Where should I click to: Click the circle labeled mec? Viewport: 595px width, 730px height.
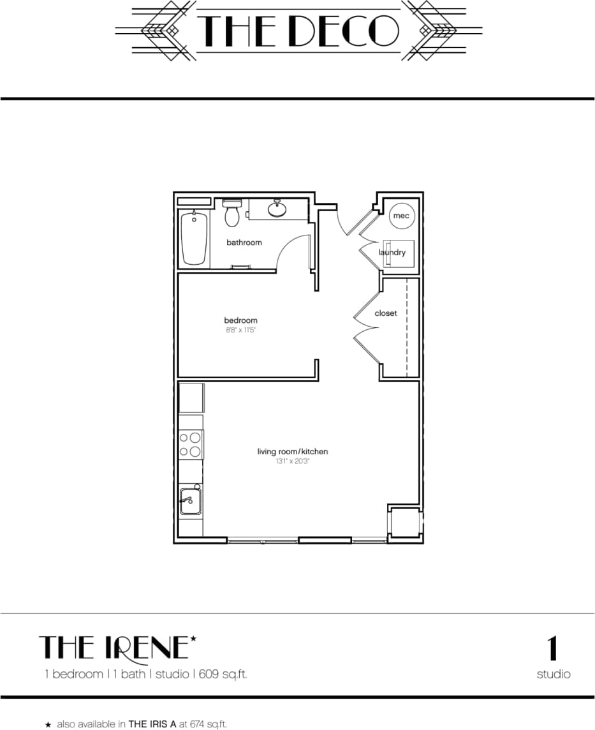tap(401, 216)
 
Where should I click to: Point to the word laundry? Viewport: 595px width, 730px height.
tap(392, 253)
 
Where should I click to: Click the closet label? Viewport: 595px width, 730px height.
tap(386, 313)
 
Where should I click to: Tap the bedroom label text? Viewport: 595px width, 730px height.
tap(240, 320)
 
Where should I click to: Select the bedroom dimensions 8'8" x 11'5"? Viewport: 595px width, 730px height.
tap(240, 331)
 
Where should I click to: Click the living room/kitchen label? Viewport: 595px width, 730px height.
tap(293, 452)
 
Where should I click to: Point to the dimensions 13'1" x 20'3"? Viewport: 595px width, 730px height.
tap(293, 461)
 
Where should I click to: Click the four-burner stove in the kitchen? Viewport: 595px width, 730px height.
tap(191, 444)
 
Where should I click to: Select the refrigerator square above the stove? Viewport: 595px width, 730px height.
tap(191, 398)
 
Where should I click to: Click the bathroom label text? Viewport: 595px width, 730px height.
tap(244, 242)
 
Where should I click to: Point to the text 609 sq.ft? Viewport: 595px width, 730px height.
tap(228, 674)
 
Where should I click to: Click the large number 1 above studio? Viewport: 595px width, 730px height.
tap(553, 648)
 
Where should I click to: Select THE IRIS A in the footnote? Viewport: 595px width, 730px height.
tap(153, 724)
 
